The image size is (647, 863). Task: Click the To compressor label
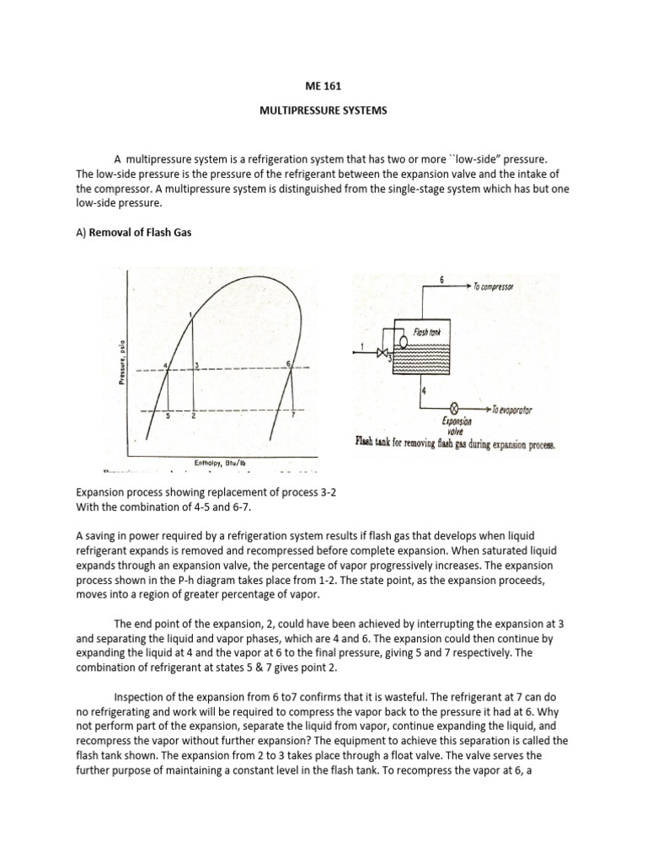coord(501,287)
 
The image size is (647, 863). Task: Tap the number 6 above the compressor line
coord(441,278)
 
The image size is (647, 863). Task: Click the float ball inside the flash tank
coord(404,342)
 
